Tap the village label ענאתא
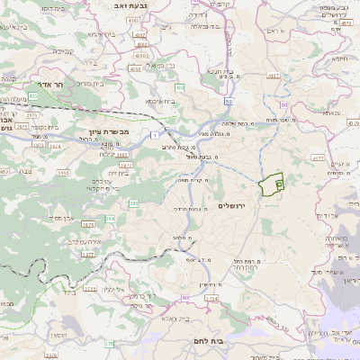(330, 113)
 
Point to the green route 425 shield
(33, 95)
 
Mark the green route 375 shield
(109, 343)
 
